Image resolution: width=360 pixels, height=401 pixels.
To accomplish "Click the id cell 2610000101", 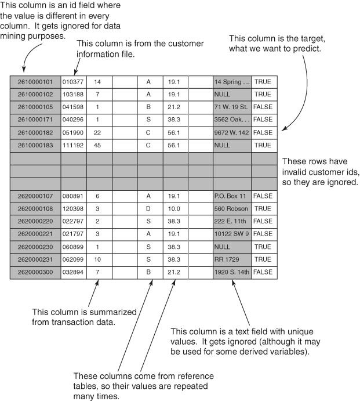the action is [35, 82].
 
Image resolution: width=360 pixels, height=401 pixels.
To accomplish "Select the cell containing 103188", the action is [73, 95].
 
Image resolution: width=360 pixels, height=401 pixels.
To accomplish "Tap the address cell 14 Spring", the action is [232, 82].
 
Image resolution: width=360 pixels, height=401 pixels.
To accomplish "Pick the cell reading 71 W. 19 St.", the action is [232, 107].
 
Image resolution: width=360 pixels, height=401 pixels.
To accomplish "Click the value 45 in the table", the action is [97, 145].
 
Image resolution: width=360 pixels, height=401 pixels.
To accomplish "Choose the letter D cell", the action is [148, 209].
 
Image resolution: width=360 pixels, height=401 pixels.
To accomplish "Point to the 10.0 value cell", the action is [174, 209].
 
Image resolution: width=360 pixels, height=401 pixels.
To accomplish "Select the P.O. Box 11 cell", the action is [232, 196].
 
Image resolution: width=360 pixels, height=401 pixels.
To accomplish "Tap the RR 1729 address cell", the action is [232, 259].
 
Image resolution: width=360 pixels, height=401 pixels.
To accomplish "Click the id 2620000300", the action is [35, 272].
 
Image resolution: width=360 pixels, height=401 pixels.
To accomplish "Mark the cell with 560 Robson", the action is [232, 209].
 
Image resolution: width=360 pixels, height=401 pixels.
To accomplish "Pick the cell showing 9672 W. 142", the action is [232, 133].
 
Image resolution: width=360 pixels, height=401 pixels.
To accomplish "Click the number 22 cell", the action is [97, 133].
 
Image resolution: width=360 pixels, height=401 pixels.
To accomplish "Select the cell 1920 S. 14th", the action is [232, 272].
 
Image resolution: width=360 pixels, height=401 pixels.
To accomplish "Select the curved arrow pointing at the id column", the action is [28, 55].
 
